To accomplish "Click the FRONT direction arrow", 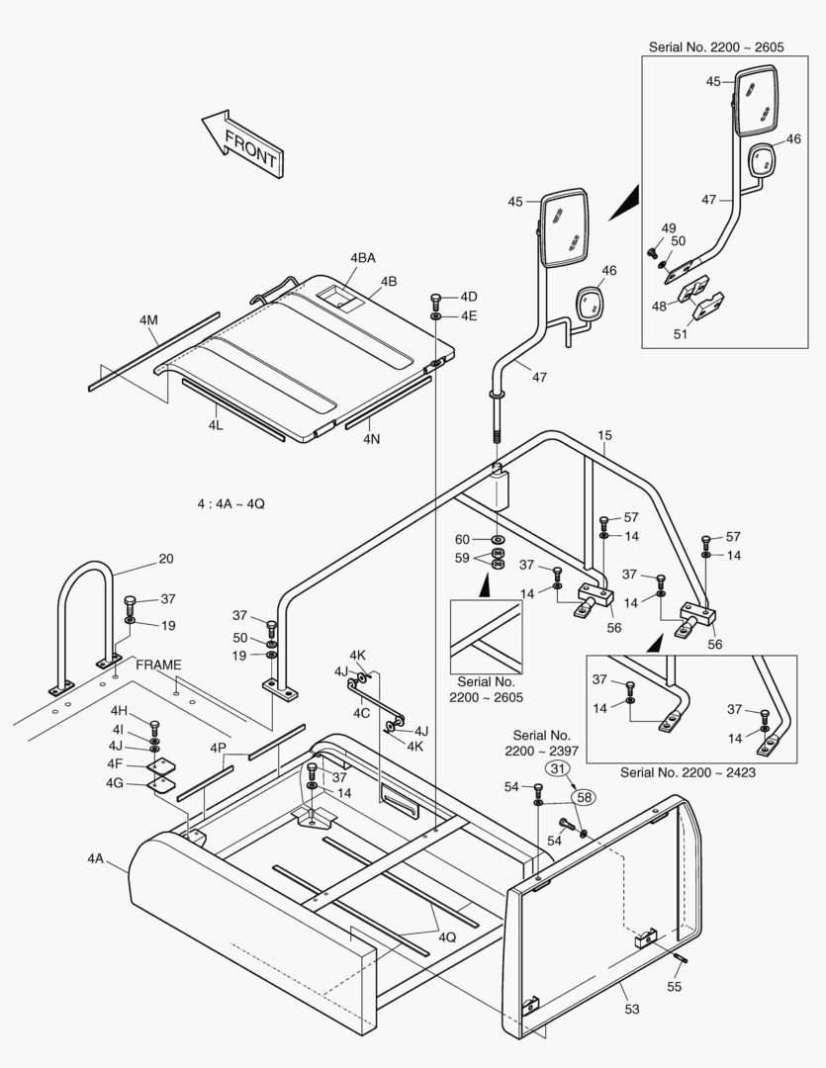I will pos(241,142).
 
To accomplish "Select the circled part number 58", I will pos(585,796).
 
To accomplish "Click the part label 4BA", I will pos(362,258).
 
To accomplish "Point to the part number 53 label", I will pos(631,1009).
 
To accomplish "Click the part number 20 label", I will pos(165,559).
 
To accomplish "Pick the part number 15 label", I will pos(604,434).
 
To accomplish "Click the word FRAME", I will pos(159,664).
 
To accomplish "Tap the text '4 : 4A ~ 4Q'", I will pos(230,503).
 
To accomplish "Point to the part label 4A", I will pos(95,858).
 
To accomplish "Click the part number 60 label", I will pos(462,539).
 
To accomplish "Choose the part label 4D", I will pos(468,297).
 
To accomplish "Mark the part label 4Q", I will pos(448,936).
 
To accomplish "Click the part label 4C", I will pos(362,712).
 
